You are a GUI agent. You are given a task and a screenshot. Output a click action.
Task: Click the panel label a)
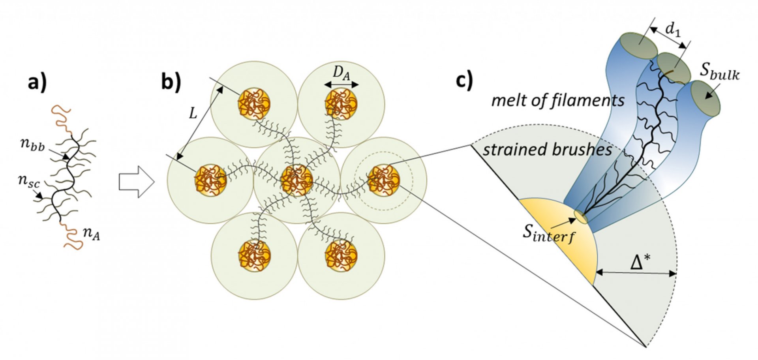point(37,83)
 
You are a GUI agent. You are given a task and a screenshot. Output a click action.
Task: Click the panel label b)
point(171,82)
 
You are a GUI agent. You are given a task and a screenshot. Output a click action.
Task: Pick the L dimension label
point(193,114)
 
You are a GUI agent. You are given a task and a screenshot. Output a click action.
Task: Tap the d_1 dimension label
point(673,30)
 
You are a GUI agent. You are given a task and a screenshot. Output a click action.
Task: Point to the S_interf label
point(549,234)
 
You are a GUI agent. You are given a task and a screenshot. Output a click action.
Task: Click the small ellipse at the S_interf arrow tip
point(580,216)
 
